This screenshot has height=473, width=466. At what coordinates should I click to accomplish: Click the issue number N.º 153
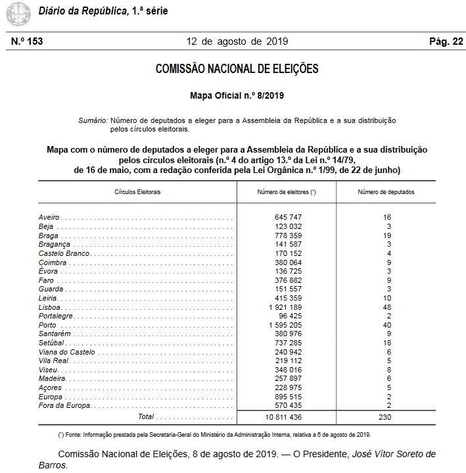[x=27, y=41]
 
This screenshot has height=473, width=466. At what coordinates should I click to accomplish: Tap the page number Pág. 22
[x=446, y=41]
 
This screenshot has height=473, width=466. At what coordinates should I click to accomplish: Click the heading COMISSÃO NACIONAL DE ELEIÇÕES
[x=237, y=69]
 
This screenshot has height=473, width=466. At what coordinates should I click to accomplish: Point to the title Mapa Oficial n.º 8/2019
[x=237, y=96]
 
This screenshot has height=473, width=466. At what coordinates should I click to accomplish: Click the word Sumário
[x=93, y=120]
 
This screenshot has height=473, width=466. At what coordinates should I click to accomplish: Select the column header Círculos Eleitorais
[x=137, y=192]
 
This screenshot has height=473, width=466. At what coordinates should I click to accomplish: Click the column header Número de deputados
[x=386, y=192]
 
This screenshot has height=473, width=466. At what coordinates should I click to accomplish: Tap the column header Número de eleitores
[x=286, y=192]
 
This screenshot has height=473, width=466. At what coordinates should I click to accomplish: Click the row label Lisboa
[x=51, y=307]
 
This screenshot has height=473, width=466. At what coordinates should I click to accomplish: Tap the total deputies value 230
[x=386, y=417]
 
